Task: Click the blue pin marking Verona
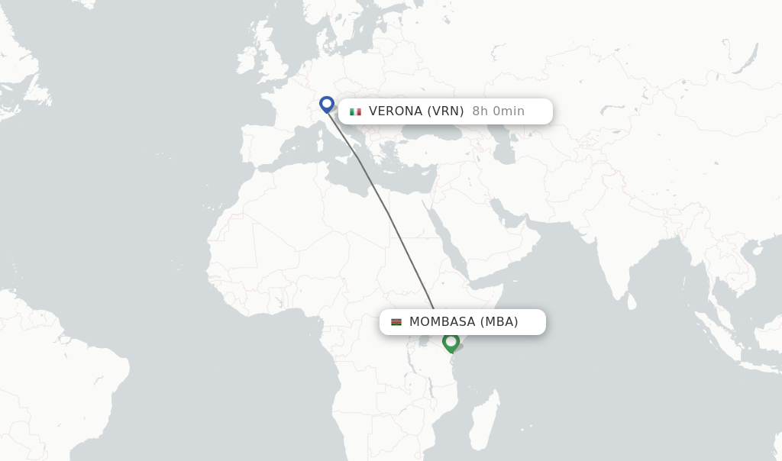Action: tap(327, 104)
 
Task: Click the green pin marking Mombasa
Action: tap(451, 342)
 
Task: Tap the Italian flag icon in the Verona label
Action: tap(355, 111)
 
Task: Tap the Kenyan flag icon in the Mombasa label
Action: tap(396, 322)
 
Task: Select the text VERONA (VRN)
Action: tap(416, 111)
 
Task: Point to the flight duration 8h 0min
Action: tap(498, 111)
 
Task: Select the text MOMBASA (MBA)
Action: tap(464, 322)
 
